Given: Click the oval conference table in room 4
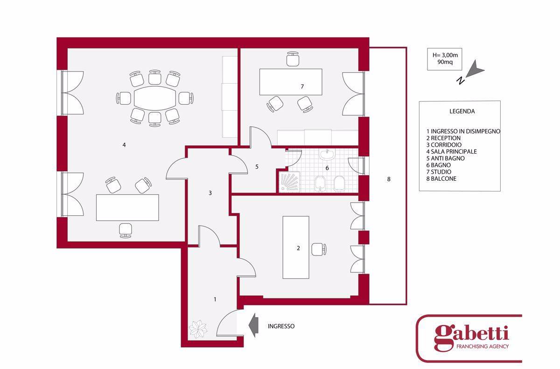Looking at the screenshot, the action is click(155, 98).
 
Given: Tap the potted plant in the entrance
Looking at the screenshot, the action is click(198, 329).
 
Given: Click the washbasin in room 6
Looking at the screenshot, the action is click(327, 154).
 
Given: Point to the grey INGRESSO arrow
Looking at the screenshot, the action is click(253, 325).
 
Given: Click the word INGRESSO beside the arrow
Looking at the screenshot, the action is click(281, 326).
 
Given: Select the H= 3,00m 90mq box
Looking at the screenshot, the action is click(444, 59).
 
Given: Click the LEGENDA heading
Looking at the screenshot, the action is click(462, 111).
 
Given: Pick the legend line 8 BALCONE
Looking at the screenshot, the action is click(441, 178).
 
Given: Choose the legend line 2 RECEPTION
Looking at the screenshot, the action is click(443, 138).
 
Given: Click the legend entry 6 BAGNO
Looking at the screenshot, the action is click(439, 165).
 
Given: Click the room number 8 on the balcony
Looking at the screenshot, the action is click(389, 179).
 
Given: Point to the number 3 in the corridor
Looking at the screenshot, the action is click(210, 193).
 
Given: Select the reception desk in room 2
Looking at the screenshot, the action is click(296, 248).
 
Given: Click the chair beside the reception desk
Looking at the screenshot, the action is click(319, 249).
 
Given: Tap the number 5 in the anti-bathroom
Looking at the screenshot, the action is click(257, 167).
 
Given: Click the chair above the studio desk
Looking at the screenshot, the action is click(293, 59).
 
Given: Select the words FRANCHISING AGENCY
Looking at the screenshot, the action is click(482, 347).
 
